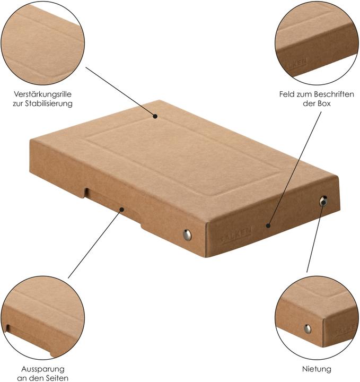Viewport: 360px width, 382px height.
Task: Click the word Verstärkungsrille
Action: (x=42, y=94)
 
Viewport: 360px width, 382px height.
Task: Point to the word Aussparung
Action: (x=42, y=368)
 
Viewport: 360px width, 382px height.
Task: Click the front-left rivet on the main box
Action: (x=187, y=235)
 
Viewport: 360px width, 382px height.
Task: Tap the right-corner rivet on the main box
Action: (x=323, y=201)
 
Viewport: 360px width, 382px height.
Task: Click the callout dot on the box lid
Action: (x=155, y=116)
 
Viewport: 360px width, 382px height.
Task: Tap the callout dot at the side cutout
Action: (x=122, y=209)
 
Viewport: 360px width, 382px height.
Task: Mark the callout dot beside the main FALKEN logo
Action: (x=269, y=226)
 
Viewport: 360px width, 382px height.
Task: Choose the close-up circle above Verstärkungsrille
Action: (x=42, y=42)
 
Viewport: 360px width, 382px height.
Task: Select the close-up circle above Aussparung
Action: (x=42, y=318)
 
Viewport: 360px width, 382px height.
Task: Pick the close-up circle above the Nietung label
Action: (x=317, y=318)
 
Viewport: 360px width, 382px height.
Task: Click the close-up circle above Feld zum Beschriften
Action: (x=317, y=42)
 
